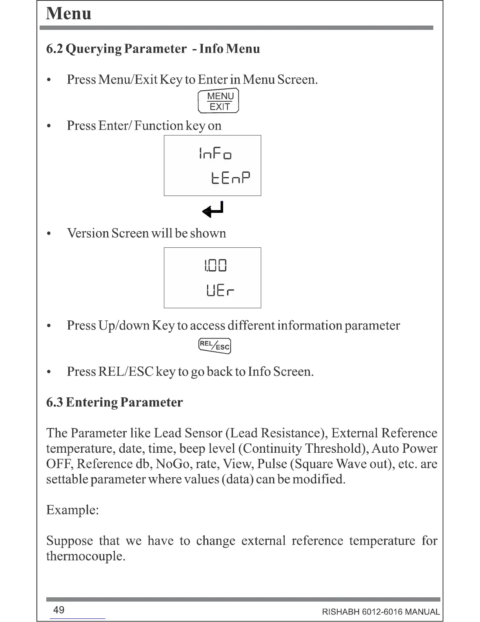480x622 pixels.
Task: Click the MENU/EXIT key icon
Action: click(218, 101)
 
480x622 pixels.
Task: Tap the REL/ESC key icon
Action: click(215, 346)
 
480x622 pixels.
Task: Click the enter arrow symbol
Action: click(213, 210)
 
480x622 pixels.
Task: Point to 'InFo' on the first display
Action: click(215, 153)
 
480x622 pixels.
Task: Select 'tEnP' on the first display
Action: click(230, 179)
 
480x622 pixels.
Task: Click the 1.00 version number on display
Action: click(215, 266)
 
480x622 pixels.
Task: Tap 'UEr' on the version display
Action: click(220, 291)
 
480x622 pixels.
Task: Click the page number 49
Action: click(59, 610)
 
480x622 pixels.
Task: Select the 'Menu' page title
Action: click(69, 13)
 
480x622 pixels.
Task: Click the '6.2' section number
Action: click(55, 49)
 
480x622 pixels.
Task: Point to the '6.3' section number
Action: click(55, 402)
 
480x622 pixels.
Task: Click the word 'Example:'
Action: click(73, 510)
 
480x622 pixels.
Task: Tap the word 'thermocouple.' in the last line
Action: click(85, 556)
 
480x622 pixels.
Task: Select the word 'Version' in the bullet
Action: click(87, 233)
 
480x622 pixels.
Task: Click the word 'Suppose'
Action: click(69, 541)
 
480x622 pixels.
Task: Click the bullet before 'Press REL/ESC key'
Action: click(49, 372)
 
